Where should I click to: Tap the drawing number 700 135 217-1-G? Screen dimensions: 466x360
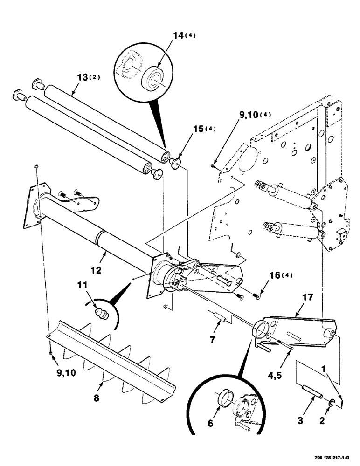[332, 459]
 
